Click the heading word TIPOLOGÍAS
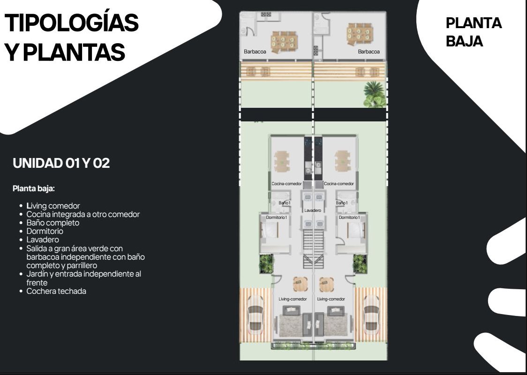72,23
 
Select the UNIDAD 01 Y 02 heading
61,163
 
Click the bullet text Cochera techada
56,291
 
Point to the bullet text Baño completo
53,223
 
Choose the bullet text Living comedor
53,206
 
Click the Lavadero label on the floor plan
313,210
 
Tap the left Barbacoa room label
255,52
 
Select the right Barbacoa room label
369,52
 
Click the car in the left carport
256,314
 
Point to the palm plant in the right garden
374,94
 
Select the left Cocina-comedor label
286,184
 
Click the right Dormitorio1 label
349,217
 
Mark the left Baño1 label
284,203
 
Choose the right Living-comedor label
331,299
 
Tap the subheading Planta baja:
34,188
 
